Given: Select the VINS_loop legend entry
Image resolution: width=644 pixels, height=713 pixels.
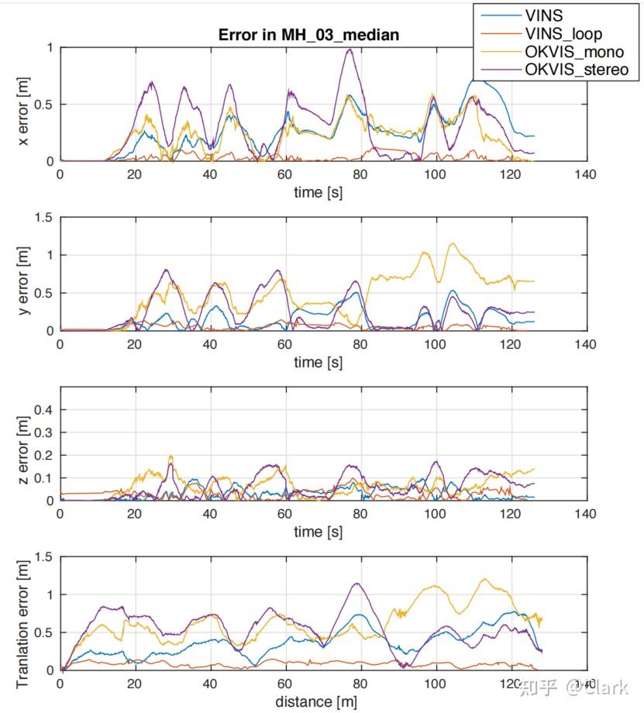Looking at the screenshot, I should [563, 33].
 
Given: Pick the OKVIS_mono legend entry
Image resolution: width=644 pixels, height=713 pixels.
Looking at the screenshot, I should [574, 52].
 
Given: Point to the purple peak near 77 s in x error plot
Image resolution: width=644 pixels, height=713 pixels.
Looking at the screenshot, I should [350, 50].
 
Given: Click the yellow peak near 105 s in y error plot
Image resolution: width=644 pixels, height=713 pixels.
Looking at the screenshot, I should [453, 243].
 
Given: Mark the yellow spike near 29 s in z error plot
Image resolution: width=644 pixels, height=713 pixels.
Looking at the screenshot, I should [170, 456].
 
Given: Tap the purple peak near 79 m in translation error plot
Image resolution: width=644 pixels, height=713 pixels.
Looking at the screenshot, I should [356, 584].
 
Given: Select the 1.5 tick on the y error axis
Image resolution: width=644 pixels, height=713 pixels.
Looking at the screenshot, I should [44, 218].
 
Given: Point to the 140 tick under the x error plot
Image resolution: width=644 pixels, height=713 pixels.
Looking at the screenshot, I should [585, 174].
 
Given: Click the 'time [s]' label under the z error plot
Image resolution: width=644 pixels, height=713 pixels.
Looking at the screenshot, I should [318, 532].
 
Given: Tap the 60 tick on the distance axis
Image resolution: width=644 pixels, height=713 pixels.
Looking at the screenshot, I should [285, 684].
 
